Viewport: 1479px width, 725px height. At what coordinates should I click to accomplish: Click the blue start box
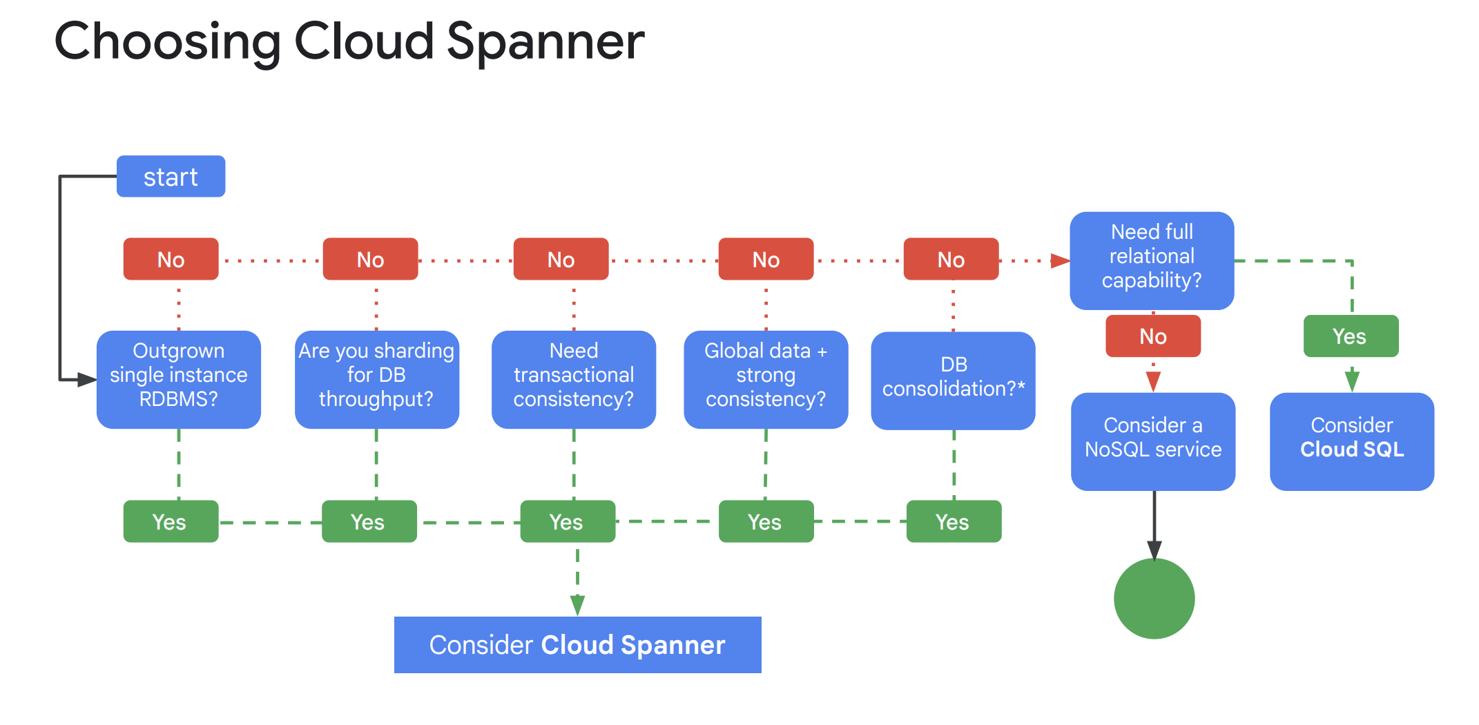click(171, 177)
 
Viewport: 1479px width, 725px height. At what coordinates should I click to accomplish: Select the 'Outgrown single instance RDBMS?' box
click(178, 379)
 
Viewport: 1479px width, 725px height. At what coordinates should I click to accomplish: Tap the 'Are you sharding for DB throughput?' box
click(376, 379)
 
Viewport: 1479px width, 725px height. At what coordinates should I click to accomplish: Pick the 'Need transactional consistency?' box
click(573, 379)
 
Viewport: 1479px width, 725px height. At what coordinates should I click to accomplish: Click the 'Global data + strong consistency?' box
click(765, 379)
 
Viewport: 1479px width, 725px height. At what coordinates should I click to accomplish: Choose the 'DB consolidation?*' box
click(953, 380)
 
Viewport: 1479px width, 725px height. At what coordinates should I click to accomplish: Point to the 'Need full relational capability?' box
click(1151, 260)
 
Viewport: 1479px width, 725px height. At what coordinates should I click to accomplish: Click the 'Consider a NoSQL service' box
click(1152, 441)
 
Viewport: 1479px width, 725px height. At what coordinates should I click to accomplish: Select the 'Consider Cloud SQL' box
click(1351, 441)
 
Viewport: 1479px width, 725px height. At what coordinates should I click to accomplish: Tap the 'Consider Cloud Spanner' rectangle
click(577, 644)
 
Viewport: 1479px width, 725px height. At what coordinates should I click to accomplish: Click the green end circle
click(1154, 599)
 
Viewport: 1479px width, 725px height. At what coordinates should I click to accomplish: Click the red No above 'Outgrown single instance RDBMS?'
click(171, 259)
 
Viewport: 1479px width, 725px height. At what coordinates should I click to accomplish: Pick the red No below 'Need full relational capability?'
click(1152, 336)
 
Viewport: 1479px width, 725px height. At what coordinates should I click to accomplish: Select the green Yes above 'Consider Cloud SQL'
click(1350, 336)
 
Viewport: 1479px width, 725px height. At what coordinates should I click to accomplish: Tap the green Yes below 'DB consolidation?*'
click(953, 521)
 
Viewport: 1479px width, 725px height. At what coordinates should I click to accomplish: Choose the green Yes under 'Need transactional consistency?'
click(567, 521)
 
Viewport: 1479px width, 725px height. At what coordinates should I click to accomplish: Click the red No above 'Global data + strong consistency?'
click(766, 259)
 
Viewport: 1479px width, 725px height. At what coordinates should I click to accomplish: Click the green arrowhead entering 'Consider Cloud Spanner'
click(577, 606)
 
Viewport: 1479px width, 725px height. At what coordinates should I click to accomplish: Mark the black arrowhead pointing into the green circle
click(1154, 550)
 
